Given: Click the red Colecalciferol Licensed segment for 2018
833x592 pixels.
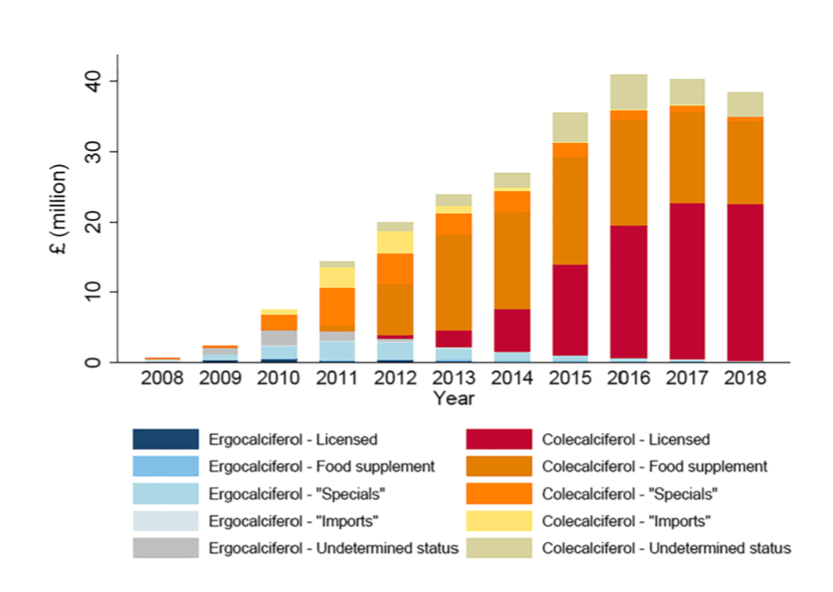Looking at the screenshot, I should coord(745,282).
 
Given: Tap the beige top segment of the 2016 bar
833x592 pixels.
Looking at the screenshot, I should coord(630,92).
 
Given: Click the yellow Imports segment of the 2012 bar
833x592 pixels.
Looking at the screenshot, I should coord(395,242).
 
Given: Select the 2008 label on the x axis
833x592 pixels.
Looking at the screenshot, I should coord(163,380).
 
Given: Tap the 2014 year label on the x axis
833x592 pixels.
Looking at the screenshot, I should coord(512,380).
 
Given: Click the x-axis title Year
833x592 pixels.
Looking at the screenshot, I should coord(453,400).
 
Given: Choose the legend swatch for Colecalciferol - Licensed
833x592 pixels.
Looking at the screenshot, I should coord(500,439).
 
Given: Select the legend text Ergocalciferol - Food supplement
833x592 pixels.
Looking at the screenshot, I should coord(321,467).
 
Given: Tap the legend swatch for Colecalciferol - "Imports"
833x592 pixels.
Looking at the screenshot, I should coord(500,521).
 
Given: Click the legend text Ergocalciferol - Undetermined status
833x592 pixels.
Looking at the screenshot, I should coord(333,548).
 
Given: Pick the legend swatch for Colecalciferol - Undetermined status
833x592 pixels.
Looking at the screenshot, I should coord(500,548).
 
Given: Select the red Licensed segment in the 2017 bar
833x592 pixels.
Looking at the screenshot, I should coord(687,281).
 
